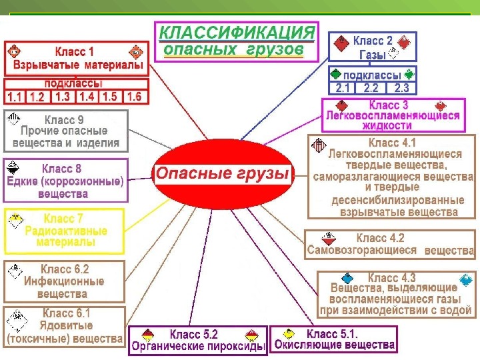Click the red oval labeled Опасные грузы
pyautogui.click(x=223, y=175)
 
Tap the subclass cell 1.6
pyautogui.click(x=134, y=97)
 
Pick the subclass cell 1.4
pyautogui.click(x=87, y=97)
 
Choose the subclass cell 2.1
pyautogui.click(x=343, y=87)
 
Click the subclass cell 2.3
pyautogui.click(x=402, y=87)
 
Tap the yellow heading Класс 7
pyautogui.click(x=64, y=219)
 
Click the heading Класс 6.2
pyautogui.click(x=65, y=269)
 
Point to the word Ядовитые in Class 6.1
pyautogui.click(x=65, y=326)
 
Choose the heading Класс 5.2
pyautogui.click(x=194, y=334)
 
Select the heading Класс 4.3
pyautogui.click(x=392, y=277)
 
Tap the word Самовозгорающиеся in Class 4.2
pyautogui.click(x=362, y=251)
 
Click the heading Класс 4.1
pyautogui.click(x=392, y=143)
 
